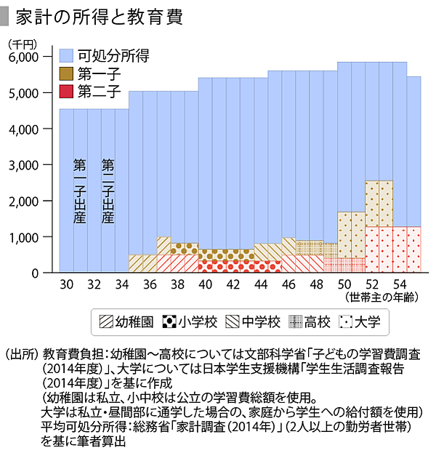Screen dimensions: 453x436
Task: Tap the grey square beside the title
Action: click(7, 14)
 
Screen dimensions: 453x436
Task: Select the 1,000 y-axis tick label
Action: click(28, 237)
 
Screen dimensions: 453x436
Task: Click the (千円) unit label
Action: click(24, 44)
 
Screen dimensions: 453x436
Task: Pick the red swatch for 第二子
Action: click(66, 92)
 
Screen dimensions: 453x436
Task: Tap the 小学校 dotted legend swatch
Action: click(169, 320)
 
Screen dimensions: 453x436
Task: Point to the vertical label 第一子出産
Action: click(80, 191)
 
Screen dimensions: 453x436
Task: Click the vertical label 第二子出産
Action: click(108, 191)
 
